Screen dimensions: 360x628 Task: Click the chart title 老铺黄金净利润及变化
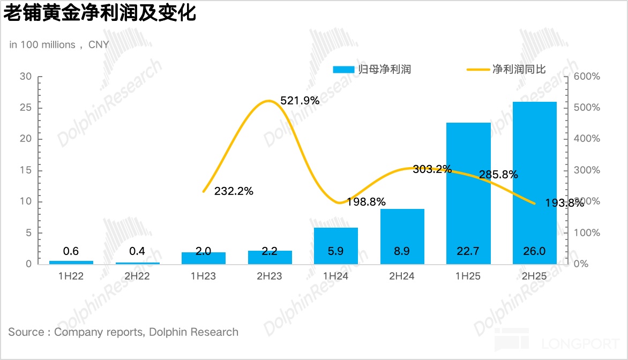pyautogui.click(x=100, y=13)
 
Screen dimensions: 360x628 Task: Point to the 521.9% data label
pyautogui.click(x=300, y=100)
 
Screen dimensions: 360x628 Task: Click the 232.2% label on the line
pyautogui.click(x=234, y=191)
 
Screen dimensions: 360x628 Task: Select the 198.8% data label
pyautogui.click(x=366, y=202)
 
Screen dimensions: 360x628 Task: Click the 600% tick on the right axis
pyautogui.click(x=586, y=77)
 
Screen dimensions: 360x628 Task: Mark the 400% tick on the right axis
pyautogui.click(x=586, y=139)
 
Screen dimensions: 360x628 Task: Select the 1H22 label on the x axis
pyautogui.click(x=71, y=276)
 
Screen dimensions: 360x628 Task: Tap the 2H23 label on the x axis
pyautogui.click(x=270, y=276)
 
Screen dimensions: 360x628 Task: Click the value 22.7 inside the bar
pyautogui.click(x=468, y=251)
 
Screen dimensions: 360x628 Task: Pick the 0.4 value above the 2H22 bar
pyautogui.click(x=137, y=251)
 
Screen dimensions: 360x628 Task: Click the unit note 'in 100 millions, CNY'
pyautogui.click(x=59, y=45)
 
